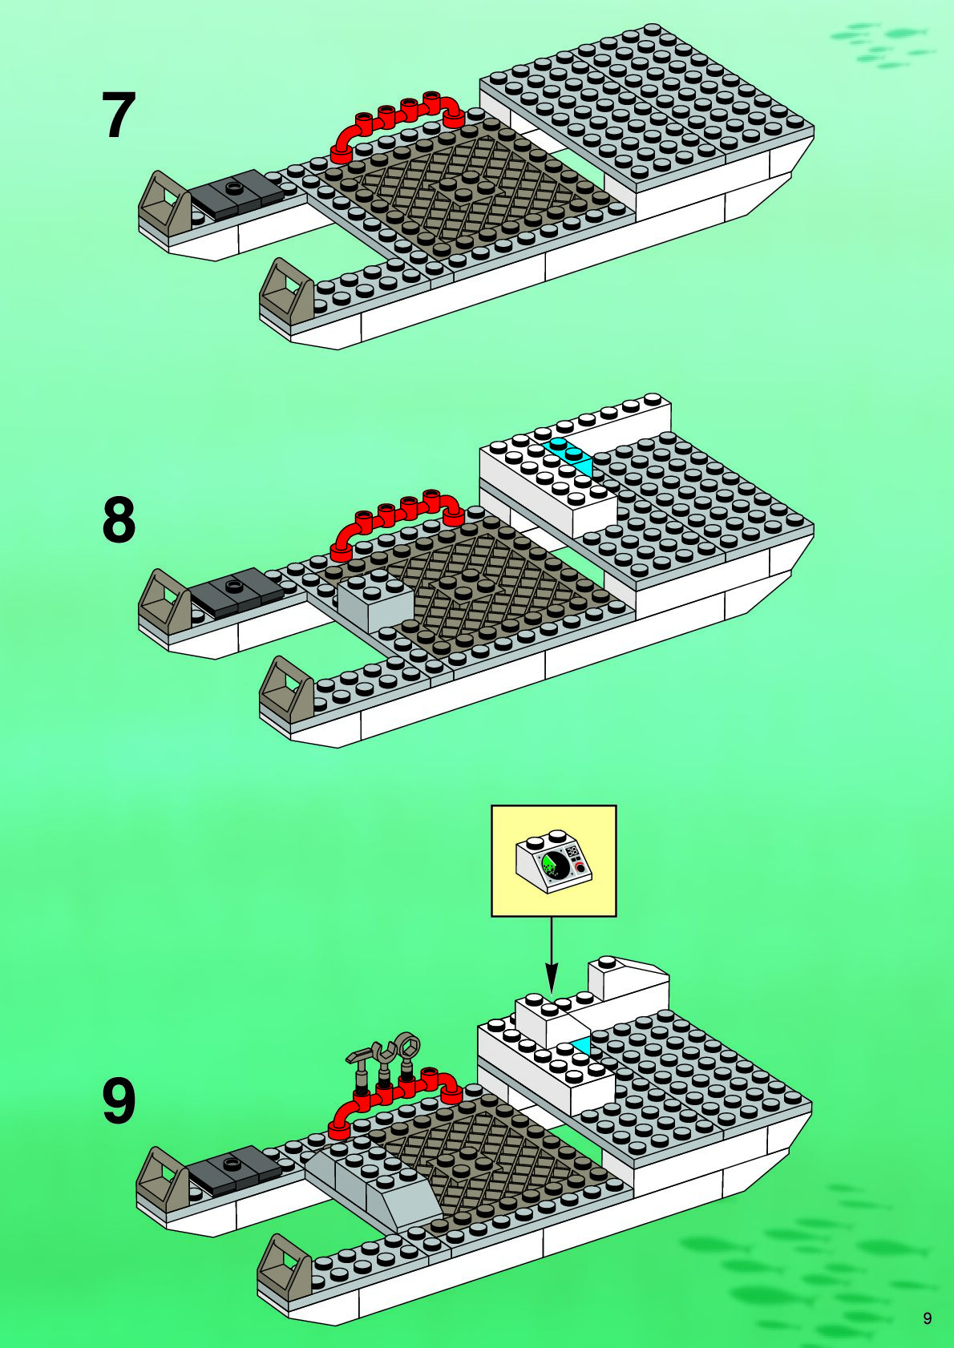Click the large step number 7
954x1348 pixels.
click(119, 115)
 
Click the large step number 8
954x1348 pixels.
click(119, 521)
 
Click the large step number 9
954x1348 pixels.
click(119, 1102)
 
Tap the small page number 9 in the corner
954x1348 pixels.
click(928, 1318)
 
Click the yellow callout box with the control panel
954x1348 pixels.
click(553, 861)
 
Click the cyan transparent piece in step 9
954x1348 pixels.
click(581, 1044)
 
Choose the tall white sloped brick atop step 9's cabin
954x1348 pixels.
click(629, 982)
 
